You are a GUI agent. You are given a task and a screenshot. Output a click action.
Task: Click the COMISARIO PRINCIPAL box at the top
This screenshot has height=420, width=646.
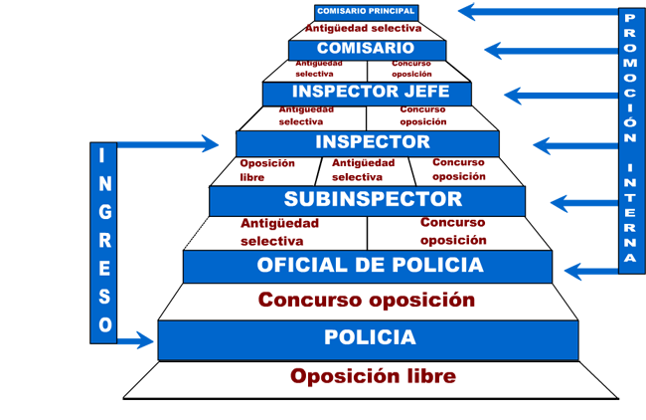click(x=366, y=12)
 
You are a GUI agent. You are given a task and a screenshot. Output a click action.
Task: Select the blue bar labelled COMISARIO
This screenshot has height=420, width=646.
click(x=367, y=49)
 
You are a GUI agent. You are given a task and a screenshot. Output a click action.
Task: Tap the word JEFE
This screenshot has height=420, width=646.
click(x=421, y=93)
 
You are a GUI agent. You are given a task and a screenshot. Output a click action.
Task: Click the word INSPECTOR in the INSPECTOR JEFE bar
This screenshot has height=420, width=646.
click(x=340, y=93)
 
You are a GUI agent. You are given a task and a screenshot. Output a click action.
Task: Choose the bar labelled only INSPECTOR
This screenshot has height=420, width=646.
click(x=367, y=143)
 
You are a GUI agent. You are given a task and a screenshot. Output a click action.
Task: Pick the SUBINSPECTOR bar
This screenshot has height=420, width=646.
click(x=367, y=200)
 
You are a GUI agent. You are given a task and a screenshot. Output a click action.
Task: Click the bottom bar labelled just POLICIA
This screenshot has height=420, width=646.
click(x=368, y=338)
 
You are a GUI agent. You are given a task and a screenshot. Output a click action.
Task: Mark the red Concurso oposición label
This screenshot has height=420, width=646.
click(x=368, y=300)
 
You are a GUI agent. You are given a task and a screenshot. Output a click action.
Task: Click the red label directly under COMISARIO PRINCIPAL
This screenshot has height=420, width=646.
click(x=366, y=28)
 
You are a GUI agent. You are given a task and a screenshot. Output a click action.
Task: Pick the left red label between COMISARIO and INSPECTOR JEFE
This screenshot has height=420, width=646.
click(x=317, y=71)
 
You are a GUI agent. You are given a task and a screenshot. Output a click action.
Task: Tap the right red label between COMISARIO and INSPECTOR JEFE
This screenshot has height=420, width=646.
click(x=409, y=71)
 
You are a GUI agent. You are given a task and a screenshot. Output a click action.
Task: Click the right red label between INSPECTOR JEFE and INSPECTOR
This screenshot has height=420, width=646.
click(x=432, y=117)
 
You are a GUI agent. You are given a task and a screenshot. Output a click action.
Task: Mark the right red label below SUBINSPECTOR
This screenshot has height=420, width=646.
click(x=450, y=232)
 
